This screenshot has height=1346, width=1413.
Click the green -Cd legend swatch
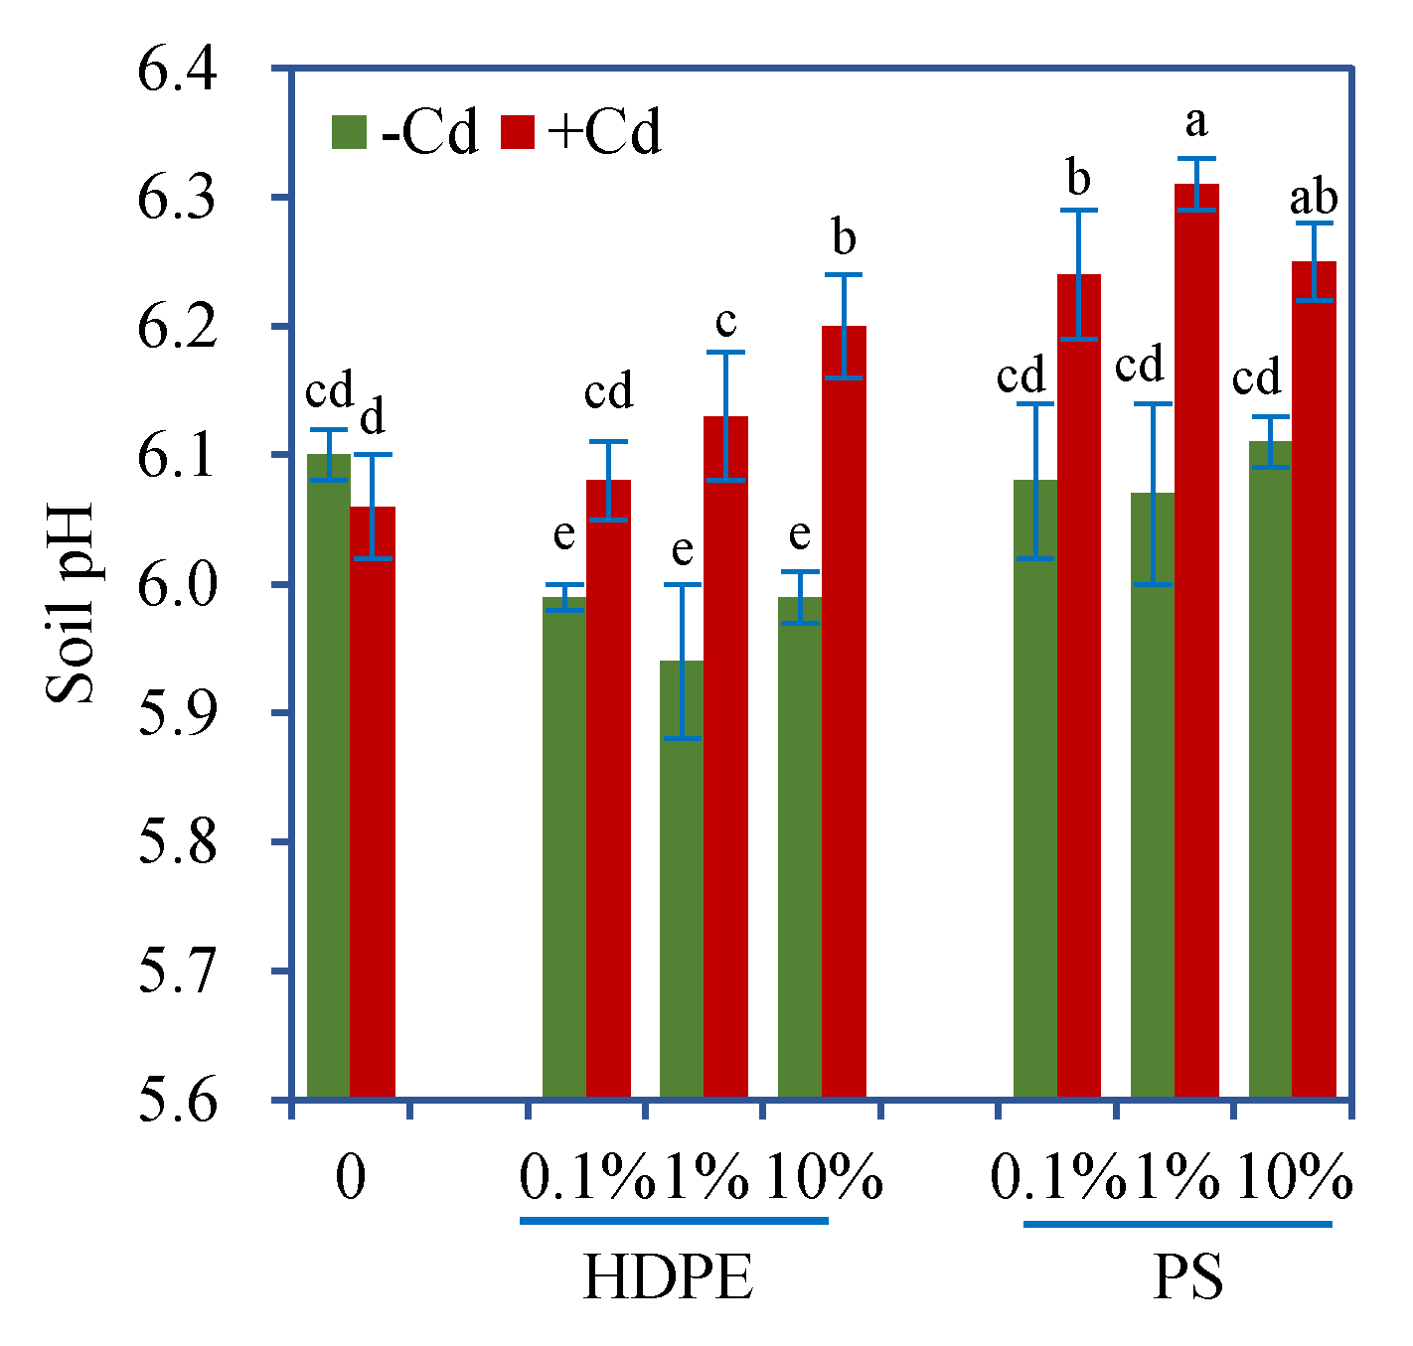[349, 132]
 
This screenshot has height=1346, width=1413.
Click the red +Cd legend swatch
[517, 132]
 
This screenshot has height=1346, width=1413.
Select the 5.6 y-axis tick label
[178, 1100]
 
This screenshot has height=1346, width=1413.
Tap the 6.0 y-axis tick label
[178, 585]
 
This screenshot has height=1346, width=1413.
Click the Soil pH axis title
[71, 603]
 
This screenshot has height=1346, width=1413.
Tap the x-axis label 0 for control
[350, 1179]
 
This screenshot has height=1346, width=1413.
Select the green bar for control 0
[329, 775]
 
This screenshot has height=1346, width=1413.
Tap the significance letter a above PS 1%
[1196, 122]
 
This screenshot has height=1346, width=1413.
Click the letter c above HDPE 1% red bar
[726, 321]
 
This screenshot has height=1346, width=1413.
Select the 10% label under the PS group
[1294, 1179]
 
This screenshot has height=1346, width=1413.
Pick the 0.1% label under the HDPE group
[586, 1179]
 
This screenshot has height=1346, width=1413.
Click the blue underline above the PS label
[1177, 1224]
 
